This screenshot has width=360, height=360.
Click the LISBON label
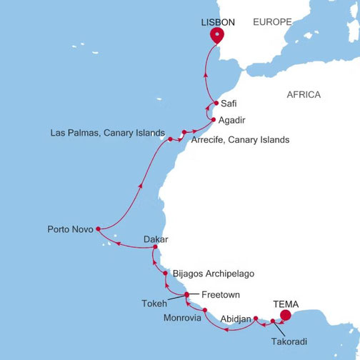(x=219, y=22)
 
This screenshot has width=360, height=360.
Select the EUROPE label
(x=274, y=22)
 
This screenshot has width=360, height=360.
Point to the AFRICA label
(x=304, y=95)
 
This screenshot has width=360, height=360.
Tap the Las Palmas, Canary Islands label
(x=108, y=134)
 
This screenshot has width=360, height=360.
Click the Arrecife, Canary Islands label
(x=240, y=140)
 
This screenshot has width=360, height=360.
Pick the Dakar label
(x=156, y=240)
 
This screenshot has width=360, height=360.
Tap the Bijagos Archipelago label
(x=213, y=274)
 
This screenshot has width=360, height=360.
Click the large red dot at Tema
(x=286, y=315)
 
